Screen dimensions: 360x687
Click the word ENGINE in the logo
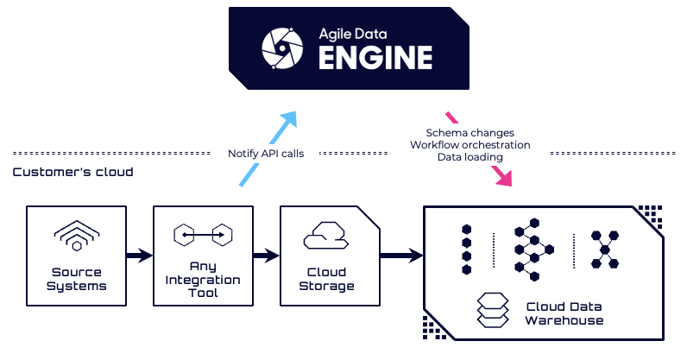point(375,58)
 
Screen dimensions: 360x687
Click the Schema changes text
point(470,133)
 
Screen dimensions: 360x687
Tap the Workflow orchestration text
point(470,145)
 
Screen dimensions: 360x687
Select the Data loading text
point(470,157)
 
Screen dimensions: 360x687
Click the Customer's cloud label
point(72,172)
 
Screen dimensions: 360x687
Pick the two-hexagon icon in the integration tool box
point(203,233)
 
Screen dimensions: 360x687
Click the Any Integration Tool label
point(203,280)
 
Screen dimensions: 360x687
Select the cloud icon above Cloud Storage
point(327,235)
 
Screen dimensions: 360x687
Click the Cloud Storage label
point(327,280)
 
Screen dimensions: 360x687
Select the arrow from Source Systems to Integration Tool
point(139,255)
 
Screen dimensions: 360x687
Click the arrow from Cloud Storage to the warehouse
point(401,255)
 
